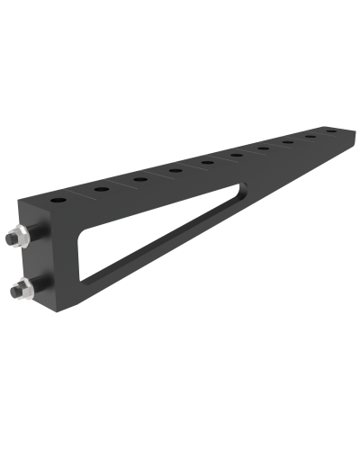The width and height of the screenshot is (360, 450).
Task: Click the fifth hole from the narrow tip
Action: pyautogui.click(x=237, y=155)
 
